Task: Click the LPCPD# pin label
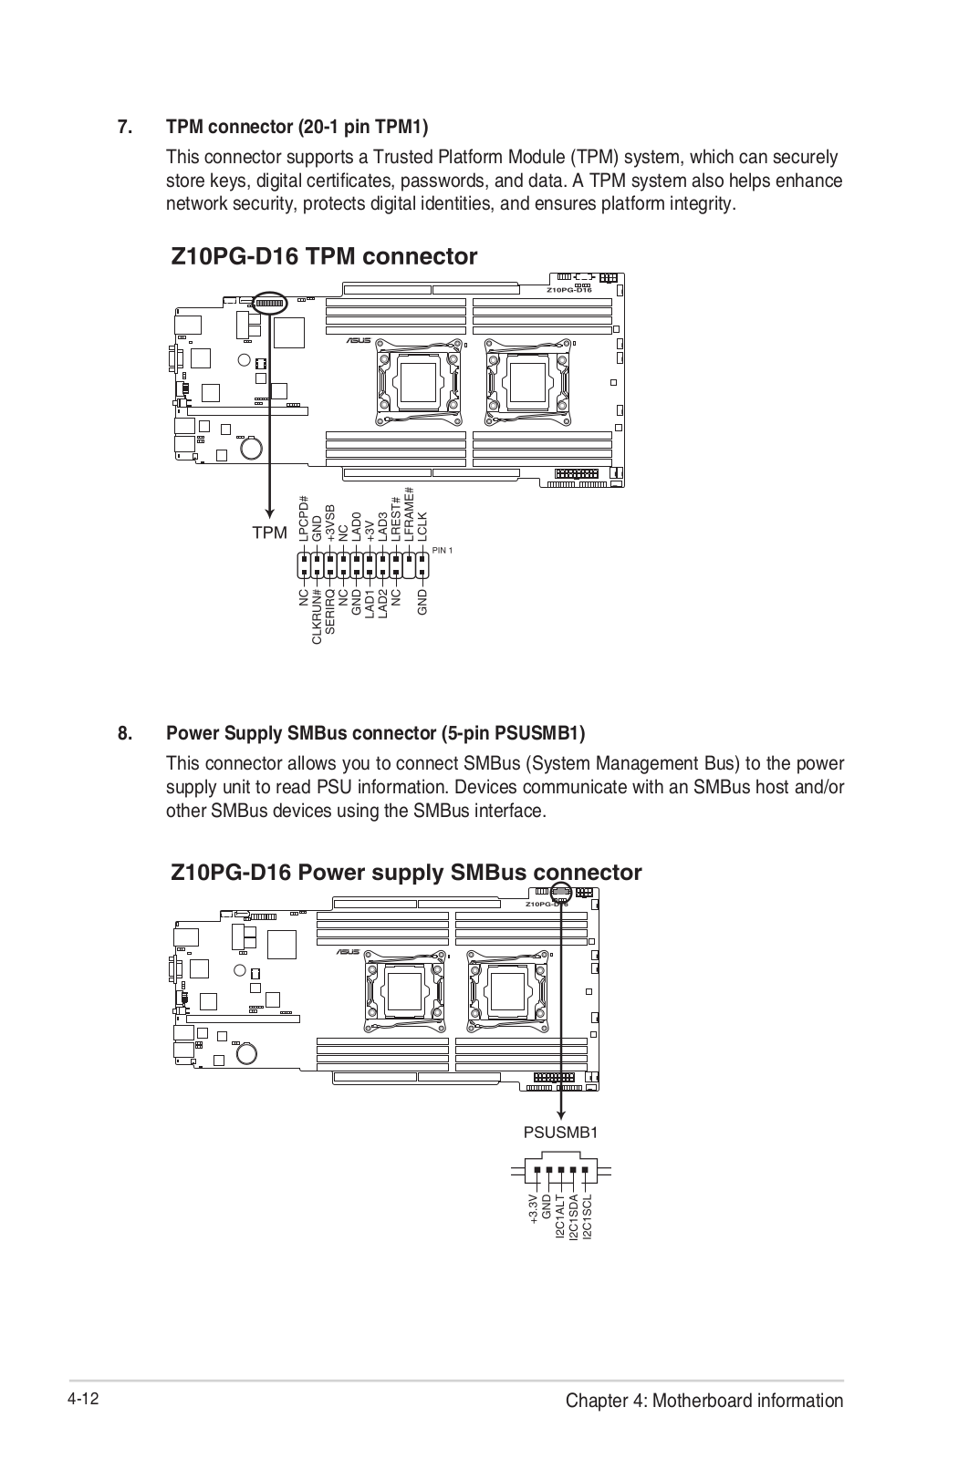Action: click(x=304, y=520)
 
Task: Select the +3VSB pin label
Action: click(x=330, y=523)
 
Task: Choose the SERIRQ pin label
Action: click(x=330, y=613)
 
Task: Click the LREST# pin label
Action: click(x=396, y=519)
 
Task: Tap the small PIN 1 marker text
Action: click(x=443, y=550)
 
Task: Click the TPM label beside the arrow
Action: click(x=269, y=533)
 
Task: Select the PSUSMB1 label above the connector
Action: click(x=561, y=1133)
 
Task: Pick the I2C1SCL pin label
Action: click(x=588, y=1216)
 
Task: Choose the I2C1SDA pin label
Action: click(x=574, y=1216)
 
